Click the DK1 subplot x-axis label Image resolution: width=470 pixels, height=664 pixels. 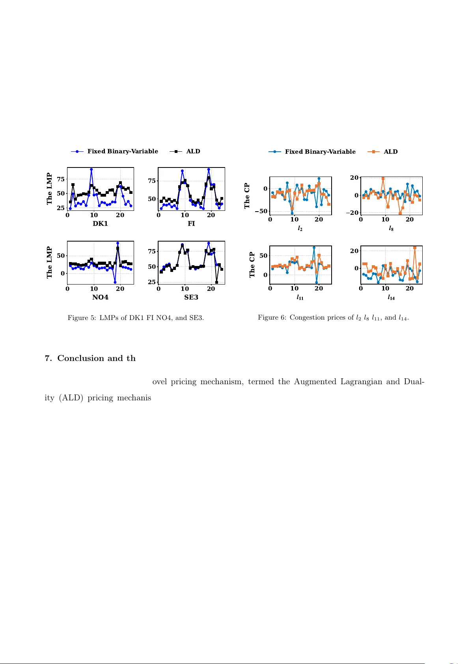[100, 223]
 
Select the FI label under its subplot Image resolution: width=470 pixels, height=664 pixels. [191, 223]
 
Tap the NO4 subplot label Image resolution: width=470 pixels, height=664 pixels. [100, 297]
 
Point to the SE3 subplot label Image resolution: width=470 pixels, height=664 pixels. [191, 297]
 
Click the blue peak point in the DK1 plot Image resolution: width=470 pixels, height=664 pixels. [91, 169]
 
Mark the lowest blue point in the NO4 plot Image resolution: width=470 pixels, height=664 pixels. [115, 282]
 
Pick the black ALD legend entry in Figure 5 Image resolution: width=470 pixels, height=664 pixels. [193, 151]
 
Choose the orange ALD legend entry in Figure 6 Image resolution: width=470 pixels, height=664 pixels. [390, 152]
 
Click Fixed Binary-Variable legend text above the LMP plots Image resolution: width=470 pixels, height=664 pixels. [123, 151]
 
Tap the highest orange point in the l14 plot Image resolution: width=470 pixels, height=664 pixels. [415, 248]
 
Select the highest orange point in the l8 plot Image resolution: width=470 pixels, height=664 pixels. [383, 179]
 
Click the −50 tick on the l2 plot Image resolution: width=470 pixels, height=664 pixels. [261, 212]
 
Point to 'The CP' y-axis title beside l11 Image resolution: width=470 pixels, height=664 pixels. [252, 265]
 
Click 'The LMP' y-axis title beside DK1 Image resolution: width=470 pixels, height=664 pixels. [50, 188]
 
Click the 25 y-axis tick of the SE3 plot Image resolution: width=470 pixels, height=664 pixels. [152, 282]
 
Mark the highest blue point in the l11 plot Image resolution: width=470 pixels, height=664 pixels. [314, 248]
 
